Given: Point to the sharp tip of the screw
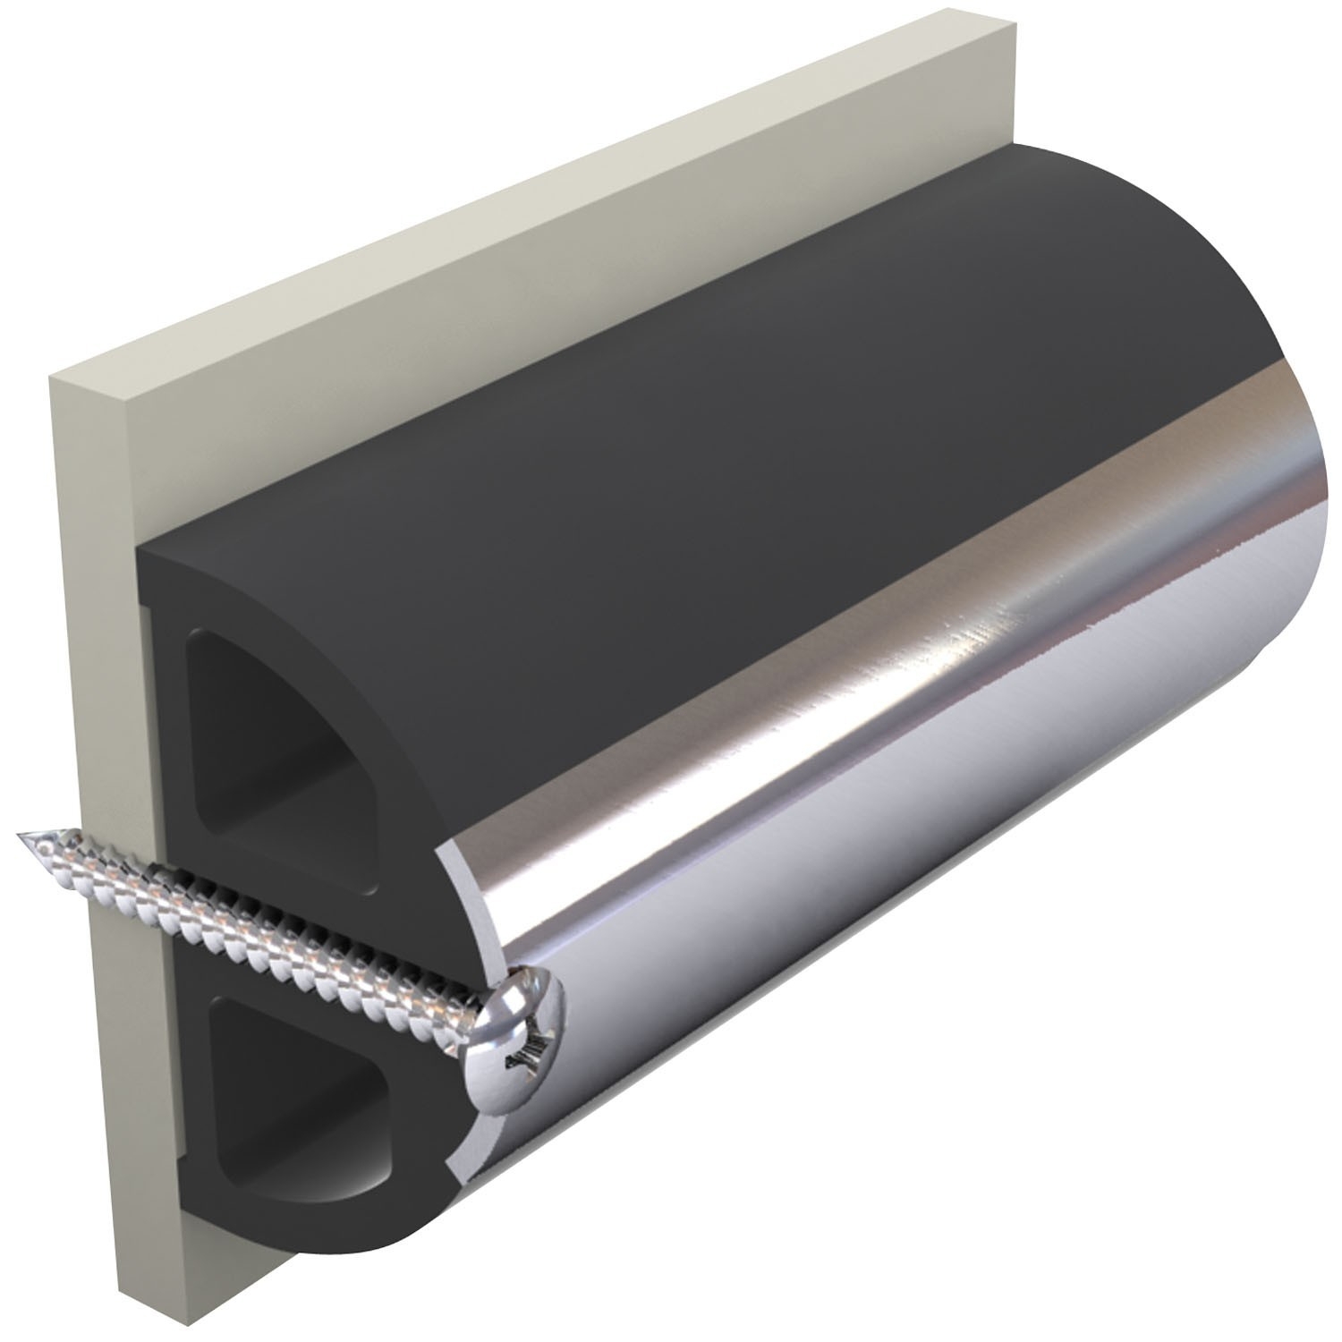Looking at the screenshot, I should pos(20,835).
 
